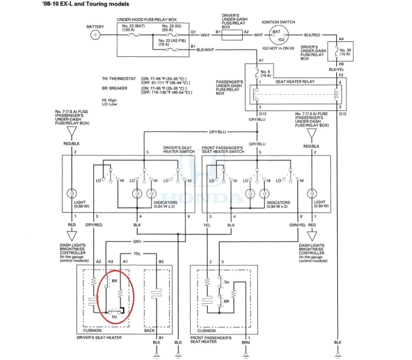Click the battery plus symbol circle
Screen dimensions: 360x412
coord(95,35)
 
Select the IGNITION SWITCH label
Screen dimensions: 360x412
coord(278,22)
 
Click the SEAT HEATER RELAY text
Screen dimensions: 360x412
coord(295,82)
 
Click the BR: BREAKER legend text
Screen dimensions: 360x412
coord(115,88)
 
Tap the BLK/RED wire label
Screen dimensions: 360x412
coord(312,35)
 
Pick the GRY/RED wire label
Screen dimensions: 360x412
coord(94,225)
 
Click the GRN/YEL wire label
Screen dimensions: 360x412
coord(297,225)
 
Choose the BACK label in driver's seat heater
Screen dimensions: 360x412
coord(149,331)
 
